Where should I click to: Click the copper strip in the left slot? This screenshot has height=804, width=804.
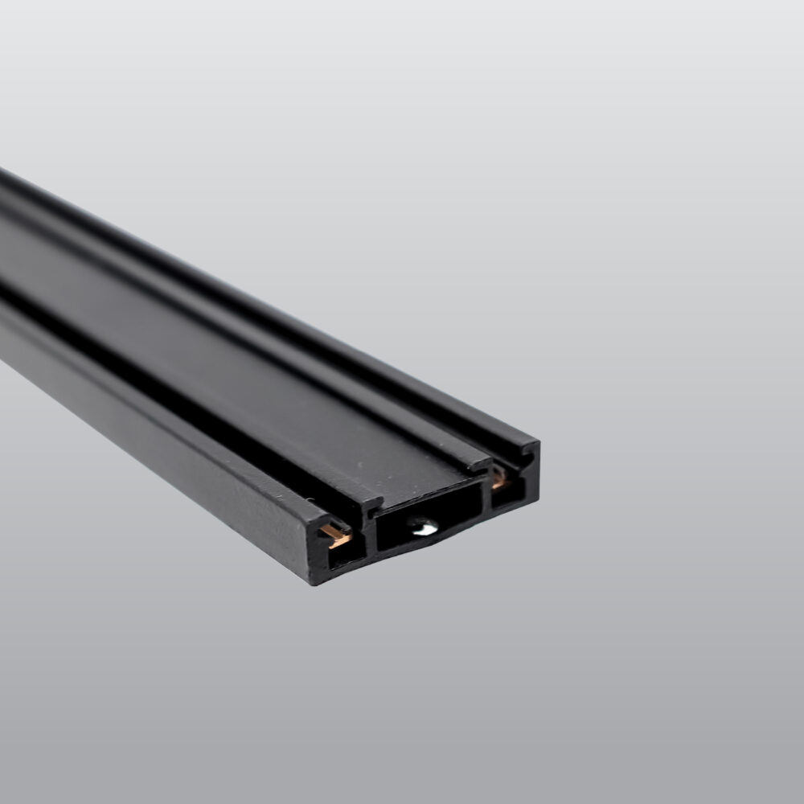point(335,533)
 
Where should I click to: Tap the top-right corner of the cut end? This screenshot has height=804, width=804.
point(538,443)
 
